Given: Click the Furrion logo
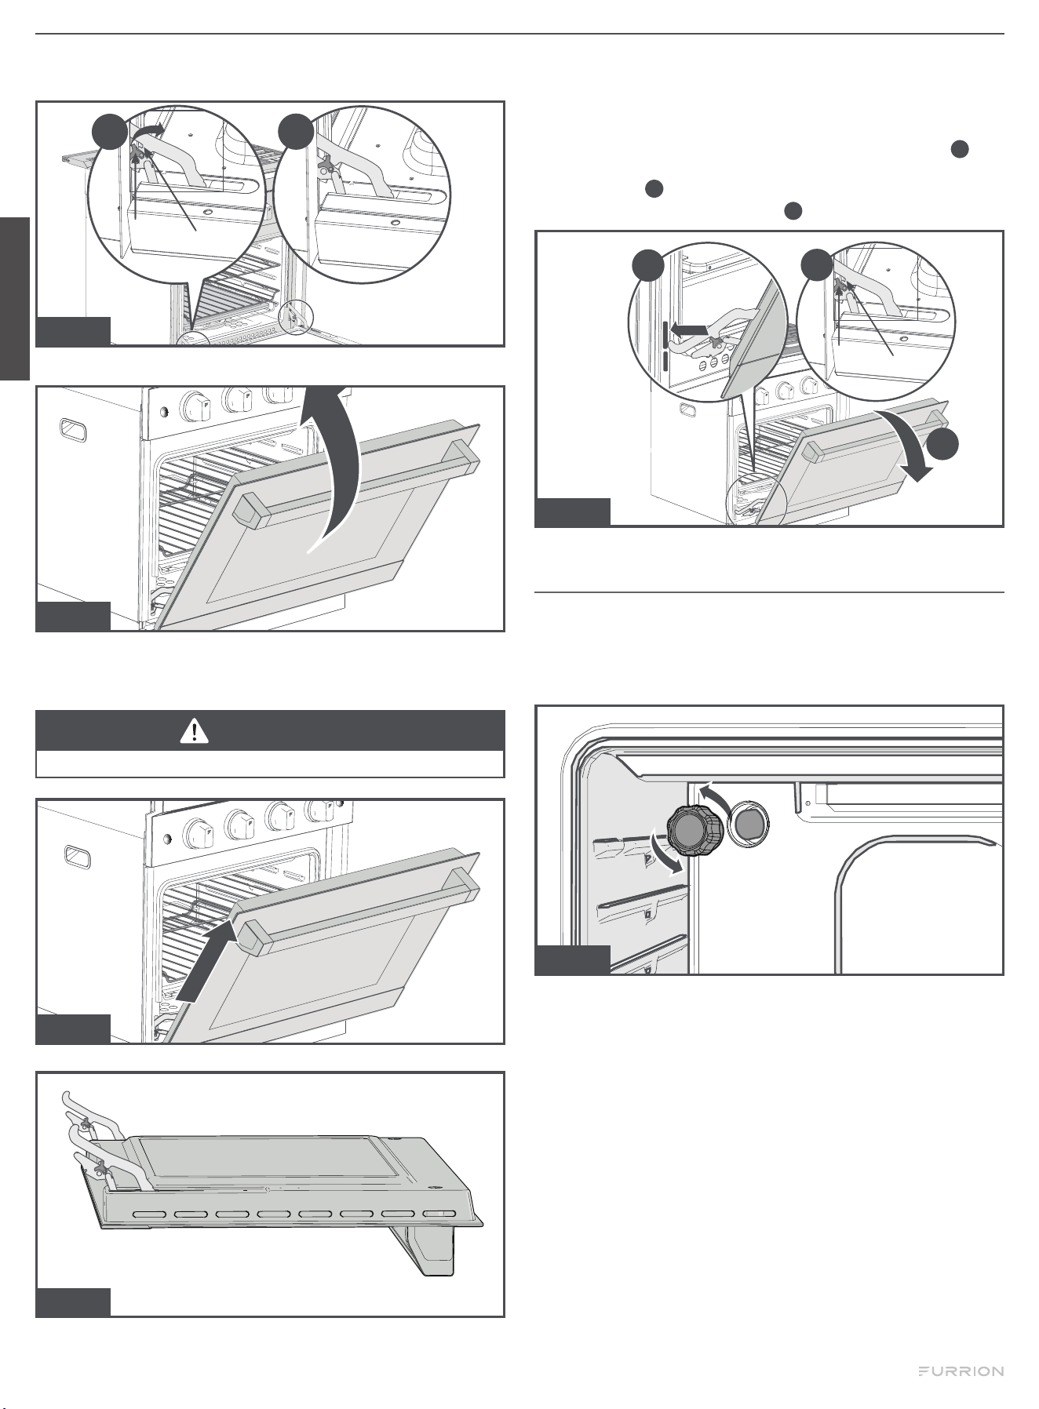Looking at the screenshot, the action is [x=961, y=1371].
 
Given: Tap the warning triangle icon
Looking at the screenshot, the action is [x=192, y=731].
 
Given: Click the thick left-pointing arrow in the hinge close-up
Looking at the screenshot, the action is [x=694, y=332].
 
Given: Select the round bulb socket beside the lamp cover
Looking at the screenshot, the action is [x=749, y=824].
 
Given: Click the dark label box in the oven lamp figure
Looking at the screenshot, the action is [x=572, y=960].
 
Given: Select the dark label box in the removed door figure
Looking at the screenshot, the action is [x=73, y=1302].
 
